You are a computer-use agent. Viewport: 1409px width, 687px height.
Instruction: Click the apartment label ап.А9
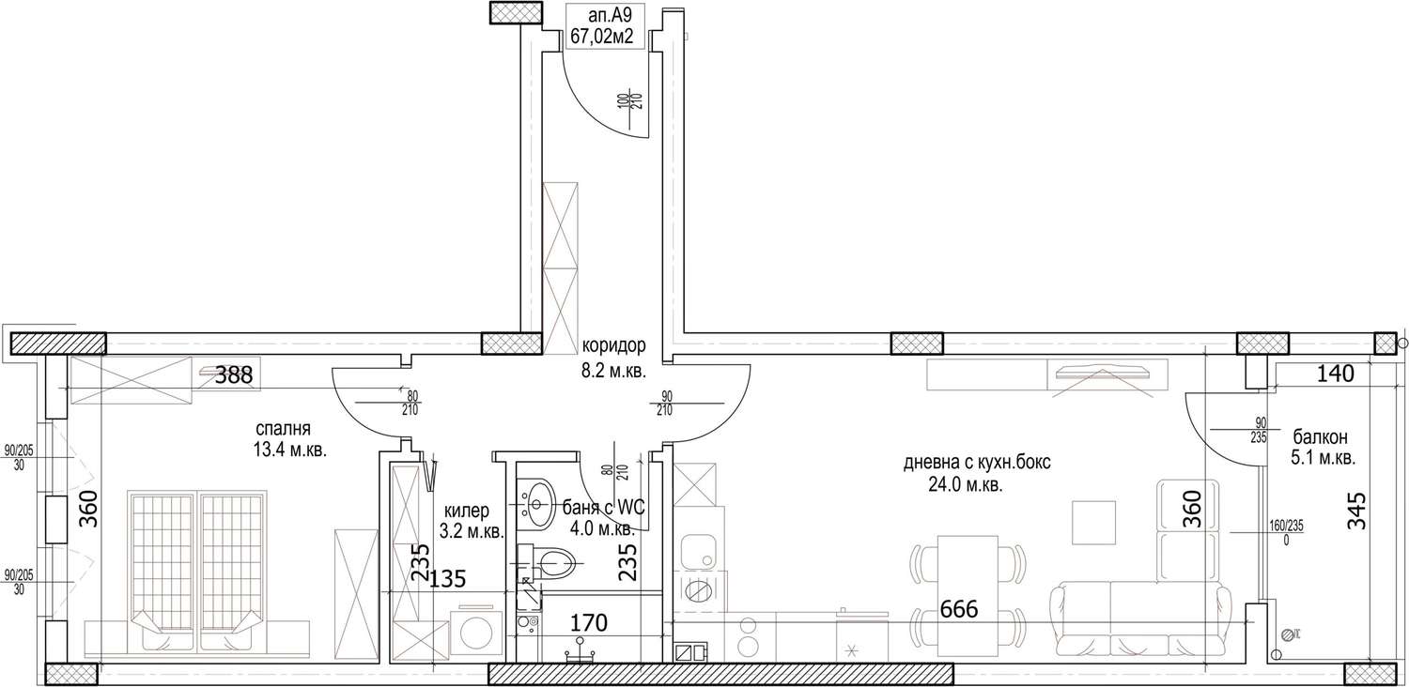click(x=605, y=17)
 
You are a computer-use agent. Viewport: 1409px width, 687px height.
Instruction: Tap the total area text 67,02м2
click(x=601, y=38)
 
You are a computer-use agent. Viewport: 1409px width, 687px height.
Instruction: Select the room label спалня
click(x=283, y=429)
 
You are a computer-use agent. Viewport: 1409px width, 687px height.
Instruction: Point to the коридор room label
click(x=613, y=345)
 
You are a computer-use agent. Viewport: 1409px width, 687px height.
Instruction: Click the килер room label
click(x=466, y=511)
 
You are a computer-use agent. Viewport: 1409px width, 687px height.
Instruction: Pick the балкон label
click(x=1321, y=436)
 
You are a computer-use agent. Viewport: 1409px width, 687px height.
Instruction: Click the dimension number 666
click(x=959, y=609)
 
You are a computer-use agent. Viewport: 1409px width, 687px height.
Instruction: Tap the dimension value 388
click(x=233, y=375)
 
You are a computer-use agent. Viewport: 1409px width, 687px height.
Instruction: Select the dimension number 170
click(x=589, y=623)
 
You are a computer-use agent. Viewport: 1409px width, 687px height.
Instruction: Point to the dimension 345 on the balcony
click(x=1356, y=511)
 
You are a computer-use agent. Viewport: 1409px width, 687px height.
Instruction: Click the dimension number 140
click(x=1336, y=374)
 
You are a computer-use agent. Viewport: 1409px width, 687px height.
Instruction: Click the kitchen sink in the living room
click(x=699, y=552)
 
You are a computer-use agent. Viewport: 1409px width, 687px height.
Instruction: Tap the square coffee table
click(x=1094, y=523)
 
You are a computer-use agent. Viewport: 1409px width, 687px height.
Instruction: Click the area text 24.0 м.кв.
click(x=966, y=485)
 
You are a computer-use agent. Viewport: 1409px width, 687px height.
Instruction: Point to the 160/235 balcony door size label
click(x=1286, y=526)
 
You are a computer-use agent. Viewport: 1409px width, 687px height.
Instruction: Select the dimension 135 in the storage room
click(x=447, y=578)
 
